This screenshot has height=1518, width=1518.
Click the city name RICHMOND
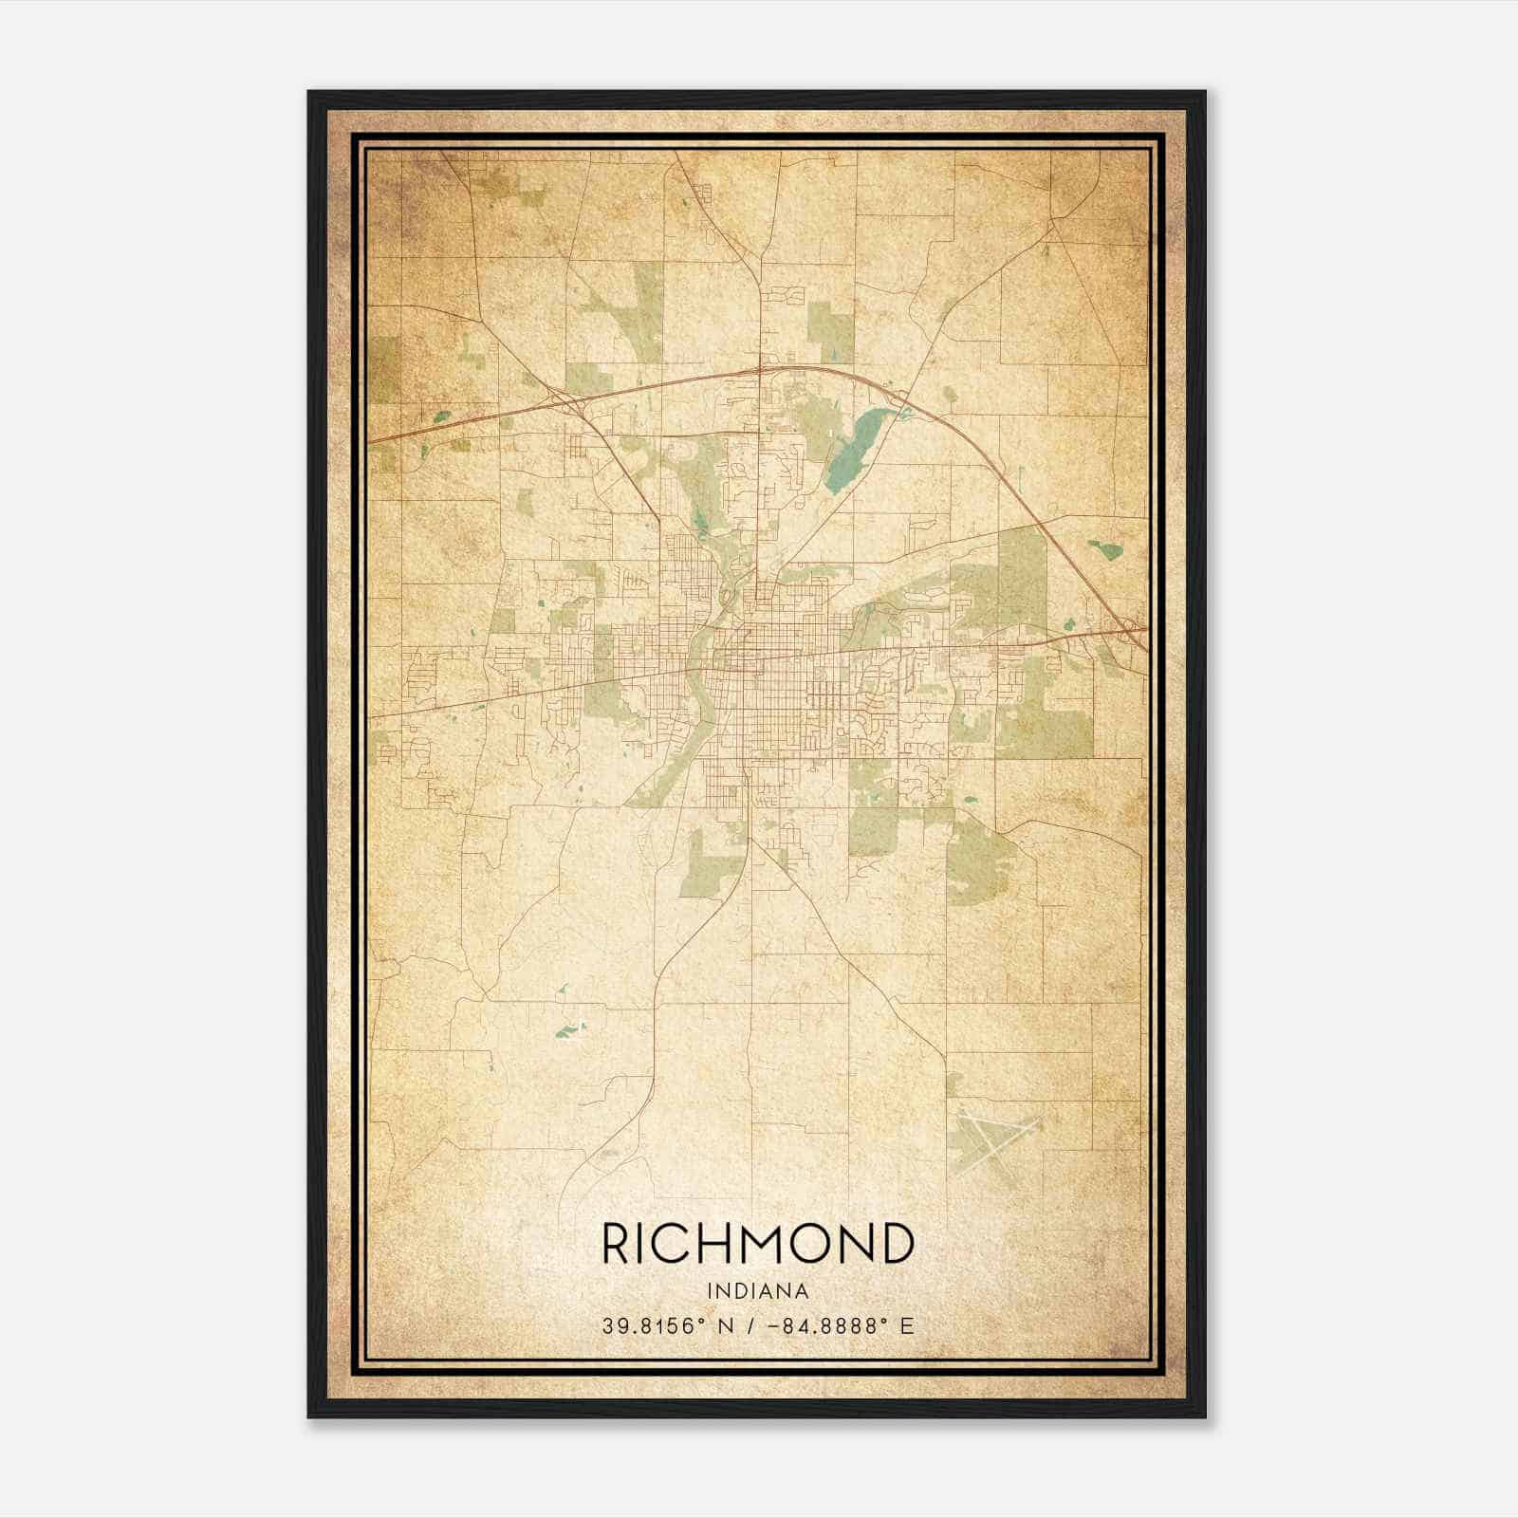tap(758, 1244)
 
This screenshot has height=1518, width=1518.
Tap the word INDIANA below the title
tap(758, 1291)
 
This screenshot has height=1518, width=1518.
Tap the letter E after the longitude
tap(907, 1326)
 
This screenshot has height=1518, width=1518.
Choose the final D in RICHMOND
tap(897, 1244)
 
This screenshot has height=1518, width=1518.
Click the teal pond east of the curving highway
tap(1105, 548)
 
